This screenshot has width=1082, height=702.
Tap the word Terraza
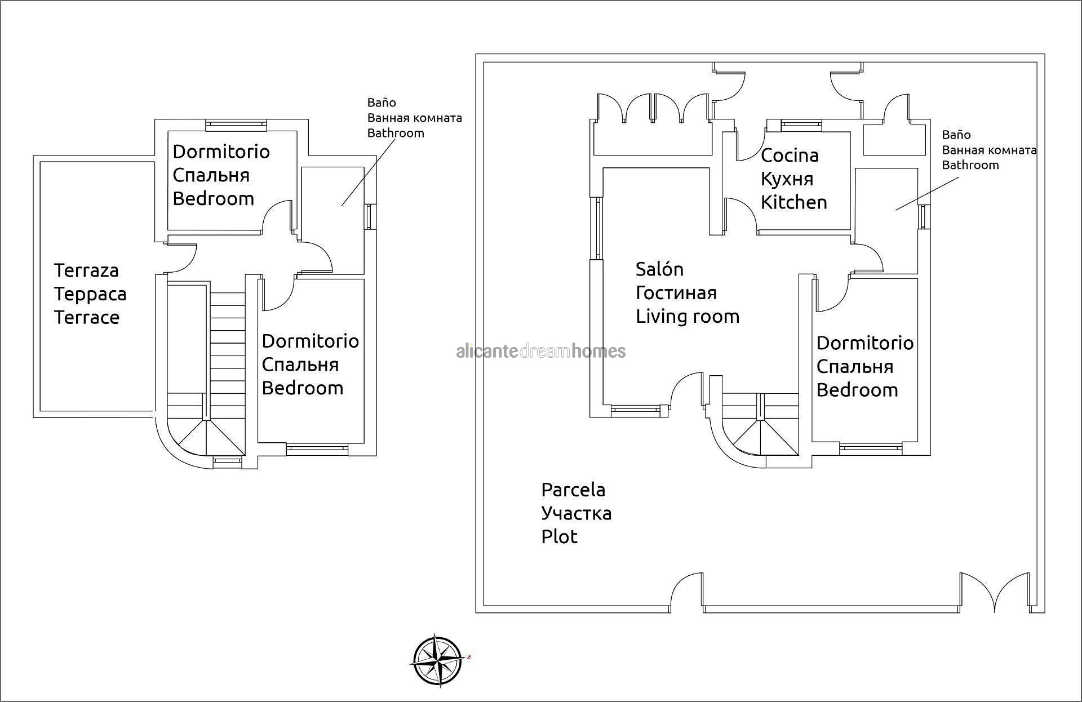coord(86,270)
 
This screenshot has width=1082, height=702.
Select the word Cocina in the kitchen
coord(789,155)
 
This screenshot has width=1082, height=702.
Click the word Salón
coord(659,269)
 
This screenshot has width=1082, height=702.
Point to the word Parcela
coord(573,490)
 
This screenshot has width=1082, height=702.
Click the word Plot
coord(559,536)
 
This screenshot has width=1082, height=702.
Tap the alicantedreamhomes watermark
coord(540,352)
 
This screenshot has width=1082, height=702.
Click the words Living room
coord(687,317)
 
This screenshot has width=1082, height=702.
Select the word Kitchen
coord(793,202)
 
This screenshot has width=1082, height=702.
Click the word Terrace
coord(87,317)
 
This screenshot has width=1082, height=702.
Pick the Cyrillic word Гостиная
coord(676,293)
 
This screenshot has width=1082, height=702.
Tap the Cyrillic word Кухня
coord(787,179)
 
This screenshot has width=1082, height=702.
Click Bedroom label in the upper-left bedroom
coord(213,199)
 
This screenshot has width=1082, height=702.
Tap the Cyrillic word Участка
coord(576,513)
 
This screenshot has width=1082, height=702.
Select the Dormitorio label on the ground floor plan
coord(864,343)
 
